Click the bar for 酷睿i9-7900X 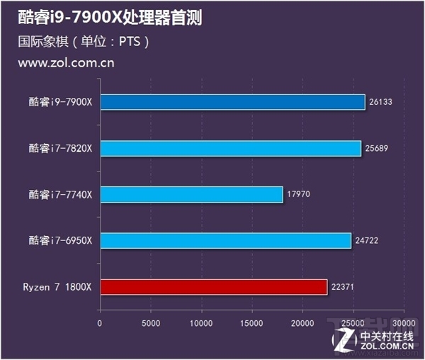click(x=232, y=102)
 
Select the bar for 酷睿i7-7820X click(x=230, y=148)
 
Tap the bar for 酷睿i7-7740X click(x=191, y=194)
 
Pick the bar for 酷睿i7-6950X click(x=225, y=240)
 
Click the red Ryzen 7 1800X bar click(x=213, y=286)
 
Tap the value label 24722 click(x=367, y=240)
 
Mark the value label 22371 click(x=343, y=286)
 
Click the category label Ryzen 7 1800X click(x=57, y=286)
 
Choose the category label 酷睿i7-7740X click(x=61, y=194)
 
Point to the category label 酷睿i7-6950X click(x=61, y=240)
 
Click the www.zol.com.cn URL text click(x=66, y=63)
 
